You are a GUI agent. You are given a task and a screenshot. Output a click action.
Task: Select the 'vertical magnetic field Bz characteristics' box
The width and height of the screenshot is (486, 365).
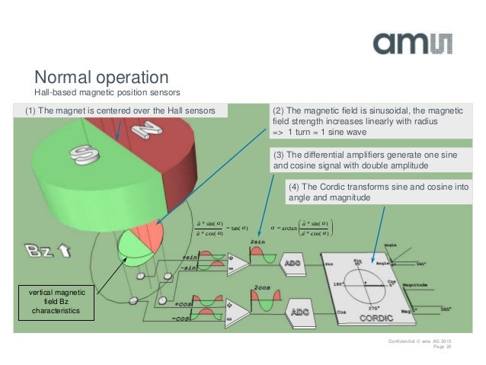click(x=59, y=303)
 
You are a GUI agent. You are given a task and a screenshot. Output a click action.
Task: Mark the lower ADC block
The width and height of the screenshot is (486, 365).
click(x=298, y=312)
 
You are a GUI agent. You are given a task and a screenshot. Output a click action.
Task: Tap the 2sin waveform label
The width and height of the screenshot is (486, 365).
click(x=257, y=242)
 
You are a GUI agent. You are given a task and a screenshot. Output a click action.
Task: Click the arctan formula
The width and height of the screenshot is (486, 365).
click(x=301, y=226)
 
